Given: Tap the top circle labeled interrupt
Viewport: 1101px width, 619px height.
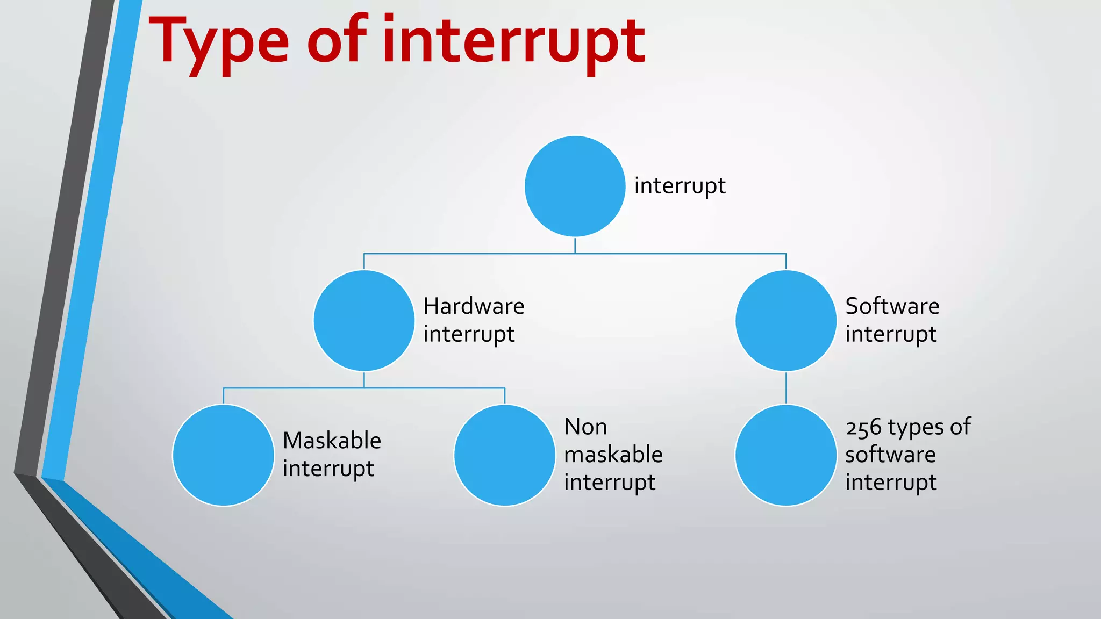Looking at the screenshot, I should [x=575, y=186].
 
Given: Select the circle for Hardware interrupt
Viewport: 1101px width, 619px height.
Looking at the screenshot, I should [x=364, y=320].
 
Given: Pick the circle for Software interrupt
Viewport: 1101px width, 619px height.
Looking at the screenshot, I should [x=785, y=320].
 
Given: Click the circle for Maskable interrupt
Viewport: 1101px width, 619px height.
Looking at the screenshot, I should [x=223, y=455].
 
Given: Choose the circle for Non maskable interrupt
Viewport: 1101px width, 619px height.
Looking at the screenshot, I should [x=504, y=455].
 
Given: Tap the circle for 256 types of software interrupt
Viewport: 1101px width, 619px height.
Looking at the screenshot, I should [x=785, y=455].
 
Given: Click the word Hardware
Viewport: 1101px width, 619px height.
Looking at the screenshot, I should [x=474, y=306].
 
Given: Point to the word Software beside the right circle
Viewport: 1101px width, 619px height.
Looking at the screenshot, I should [x=892, y=306].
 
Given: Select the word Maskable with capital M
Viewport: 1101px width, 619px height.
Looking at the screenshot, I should [x=332, y=441].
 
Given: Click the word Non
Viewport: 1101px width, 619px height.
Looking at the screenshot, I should [x=585, y=427].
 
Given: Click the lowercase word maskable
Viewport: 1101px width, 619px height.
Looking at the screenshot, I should [x=613, y=455].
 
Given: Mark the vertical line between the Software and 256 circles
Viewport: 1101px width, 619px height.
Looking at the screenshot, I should [x=786, y=387].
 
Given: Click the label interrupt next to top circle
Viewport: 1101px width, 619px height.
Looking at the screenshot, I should [x=680, y=186].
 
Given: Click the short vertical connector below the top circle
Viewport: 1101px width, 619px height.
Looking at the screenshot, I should [x=575, y=245].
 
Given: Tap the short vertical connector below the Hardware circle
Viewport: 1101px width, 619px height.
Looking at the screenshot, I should [x=364, y=379].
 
